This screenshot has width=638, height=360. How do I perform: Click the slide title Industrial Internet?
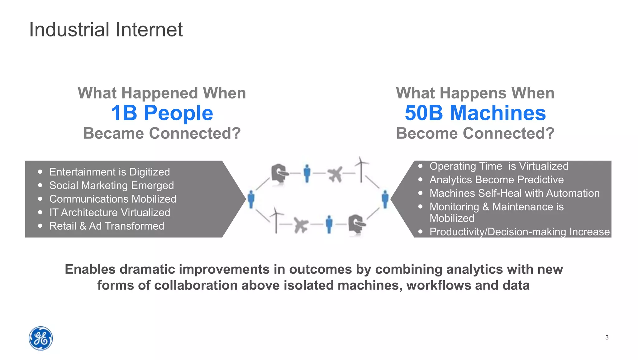(x=106, y=30)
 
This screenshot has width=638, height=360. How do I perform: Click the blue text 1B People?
(x=162, y=113)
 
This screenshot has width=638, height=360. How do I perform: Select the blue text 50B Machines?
(x=475, y=113)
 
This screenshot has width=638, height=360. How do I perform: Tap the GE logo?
(x=41, y=338)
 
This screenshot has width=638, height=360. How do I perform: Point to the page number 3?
(x=607, y=337)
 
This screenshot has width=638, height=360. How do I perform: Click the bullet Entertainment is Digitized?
(x=109, y=172)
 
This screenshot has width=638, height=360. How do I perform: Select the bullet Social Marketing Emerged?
(x=111, y=185)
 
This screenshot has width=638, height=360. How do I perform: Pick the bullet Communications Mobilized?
(x=112, y=199)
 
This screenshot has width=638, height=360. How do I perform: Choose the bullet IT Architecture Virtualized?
(x=109, y=213)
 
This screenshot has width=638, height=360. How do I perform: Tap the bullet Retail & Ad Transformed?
(x=107, y=226)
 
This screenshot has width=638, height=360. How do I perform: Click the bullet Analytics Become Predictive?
(x=496, y=180)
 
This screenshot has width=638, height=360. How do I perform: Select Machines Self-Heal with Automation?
(x=514, y=193)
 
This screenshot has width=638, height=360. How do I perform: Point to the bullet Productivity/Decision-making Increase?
(x=519, y=232)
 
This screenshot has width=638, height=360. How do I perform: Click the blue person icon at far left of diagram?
(x=251, y=199)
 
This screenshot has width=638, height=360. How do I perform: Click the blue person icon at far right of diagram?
(x=385, y=199)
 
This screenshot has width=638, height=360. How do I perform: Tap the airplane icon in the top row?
(x=335, y=174)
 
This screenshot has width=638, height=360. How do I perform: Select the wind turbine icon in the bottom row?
(x=276, y=220)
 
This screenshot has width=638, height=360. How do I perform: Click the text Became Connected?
(x=162, y=133)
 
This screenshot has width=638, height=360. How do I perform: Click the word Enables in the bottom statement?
(x=90, y=269)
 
